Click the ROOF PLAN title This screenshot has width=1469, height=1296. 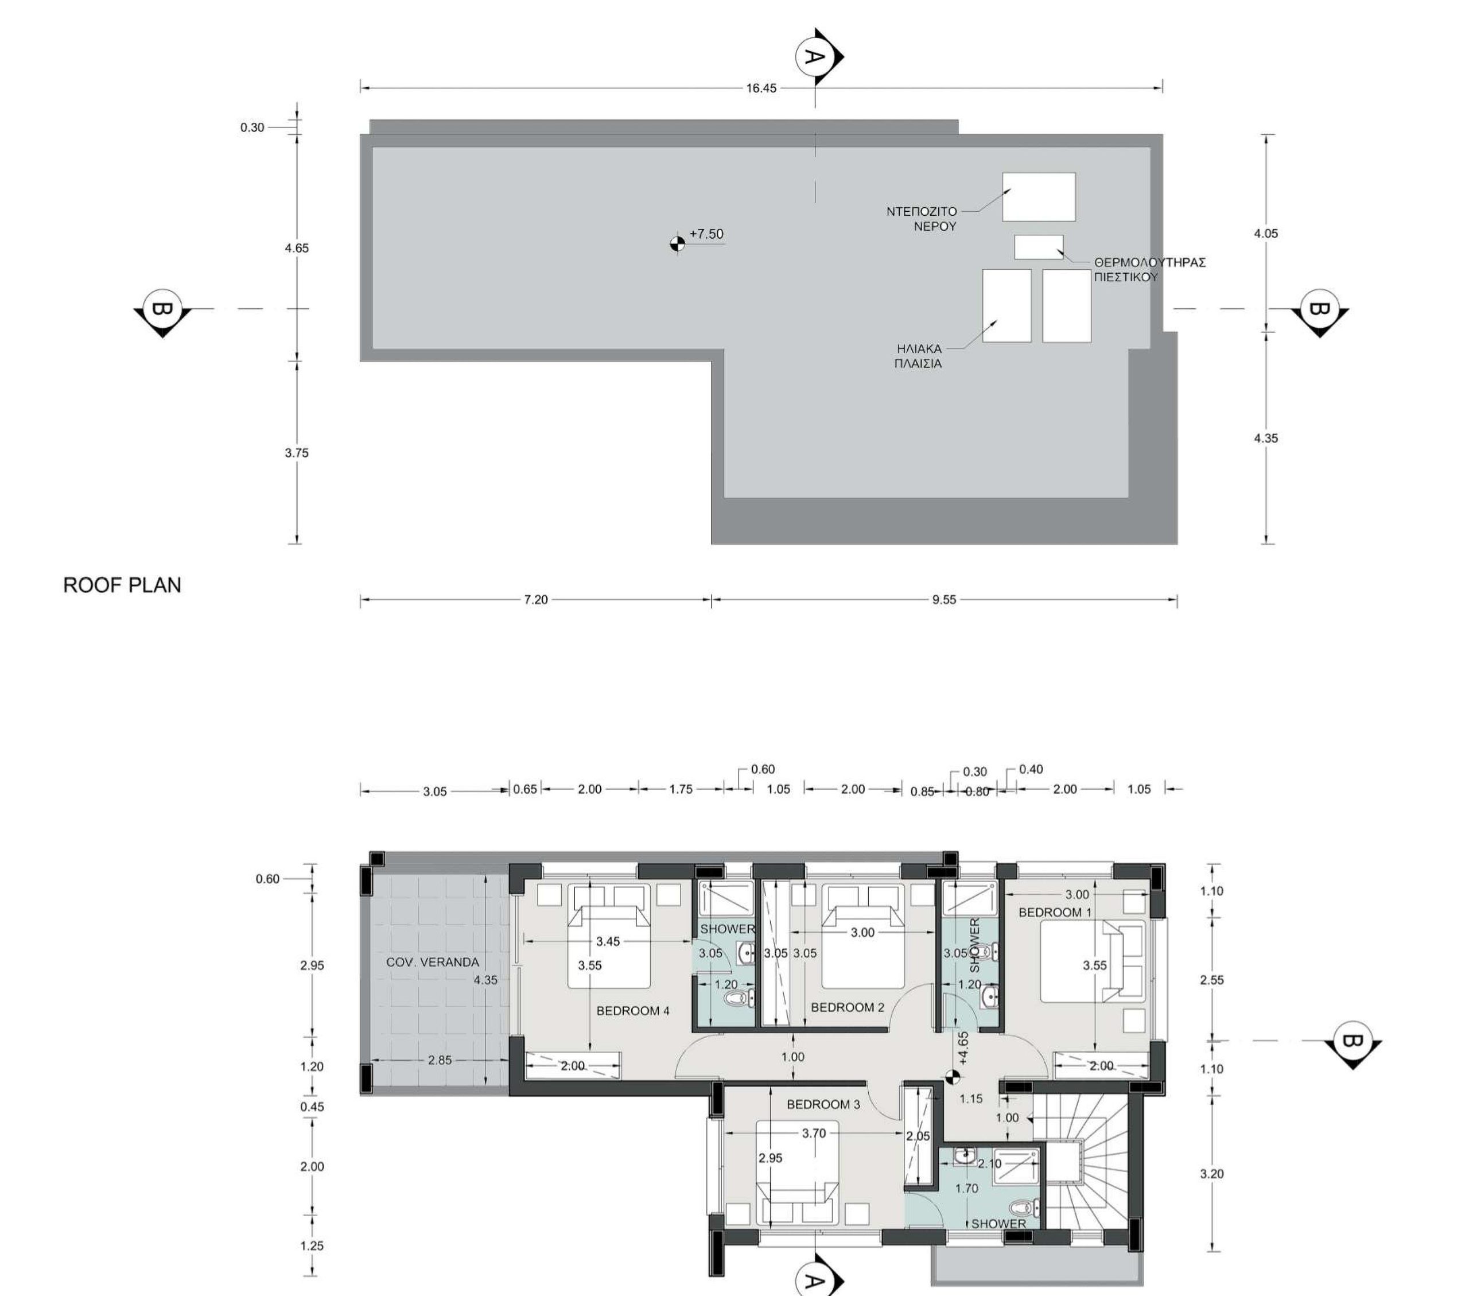(x=122, y=585)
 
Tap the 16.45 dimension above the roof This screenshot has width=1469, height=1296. (x=761, y=88)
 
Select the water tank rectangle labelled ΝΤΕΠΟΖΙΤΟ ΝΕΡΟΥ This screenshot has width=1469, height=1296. (x=1039, y=196)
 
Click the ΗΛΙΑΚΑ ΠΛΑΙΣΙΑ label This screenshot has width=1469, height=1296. (x=919, y=356)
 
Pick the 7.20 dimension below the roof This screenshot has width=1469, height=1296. (x=536, y=599)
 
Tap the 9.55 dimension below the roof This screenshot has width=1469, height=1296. (x=945, y=599)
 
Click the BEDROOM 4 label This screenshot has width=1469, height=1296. (x=633, y=1011)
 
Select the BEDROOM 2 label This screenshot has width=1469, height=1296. (x=848, y=1007)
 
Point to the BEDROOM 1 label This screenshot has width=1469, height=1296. (x=1055, y=912)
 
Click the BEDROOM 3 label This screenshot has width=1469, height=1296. (x=823, y=1104)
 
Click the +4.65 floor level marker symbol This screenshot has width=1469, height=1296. (x=953, y=1076)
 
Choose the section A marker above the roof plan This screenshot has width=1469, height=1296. (x=819, y=56)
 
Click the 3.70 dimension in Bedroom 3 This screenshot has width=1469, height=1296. (x=814, y=1134)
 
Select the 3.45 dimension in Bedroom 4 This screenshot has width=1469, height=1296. (x=607, y=942)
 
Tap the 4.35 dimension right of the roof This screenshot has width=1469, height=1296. (x=1266, y=438)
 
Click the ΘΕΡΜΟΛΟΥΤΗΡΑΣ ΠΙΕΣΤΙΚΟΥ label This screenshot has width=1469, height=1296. (x=1150, y=270)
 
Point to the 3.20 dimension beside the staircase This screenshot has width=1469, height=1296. (x=1212, y=1174)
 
